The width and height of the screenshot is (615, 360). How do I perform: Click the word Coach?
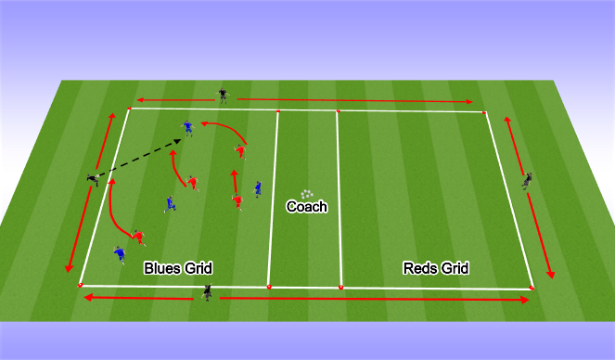306,207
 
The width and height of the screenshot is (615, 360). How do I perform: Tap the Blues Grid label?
178,268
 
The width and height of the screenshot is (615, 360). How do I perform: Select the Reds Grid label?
436,268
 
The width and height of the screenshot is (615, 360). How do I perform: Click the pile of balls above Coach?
306,194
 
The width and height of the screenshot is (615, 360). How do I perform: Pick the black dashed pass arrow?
139,158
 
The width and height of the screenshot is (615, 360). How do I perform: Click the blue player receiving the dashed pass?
188,128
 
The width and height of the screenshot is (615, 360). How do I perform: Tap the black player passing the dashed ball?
94,177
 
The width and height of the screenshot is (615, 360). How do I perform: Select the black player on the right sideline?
526,180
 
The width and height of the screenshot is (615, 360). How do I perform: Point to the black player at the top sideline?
222,94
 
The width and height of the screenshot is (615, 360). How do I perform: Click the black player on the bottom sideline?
208,293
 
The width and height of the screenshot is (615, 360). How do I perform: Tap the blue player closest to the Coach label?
257,189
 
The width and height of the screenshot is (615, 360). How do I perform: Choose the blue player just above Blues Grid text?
170,202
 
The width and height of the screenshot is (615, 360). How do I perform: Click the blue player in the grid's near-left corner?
119,253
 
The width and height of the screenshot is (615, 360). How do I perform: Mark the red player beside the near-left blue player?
138,238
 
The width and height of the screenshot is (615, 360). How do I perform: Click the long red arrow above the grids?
306,99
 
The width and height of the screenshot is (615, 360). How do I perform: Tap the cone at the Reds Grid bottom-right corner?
532,288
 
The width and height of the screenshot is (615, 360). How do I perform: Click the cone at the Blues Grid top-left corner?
129,109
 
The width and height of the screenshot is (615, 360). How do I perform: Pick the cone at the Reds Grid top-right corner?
485,112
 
